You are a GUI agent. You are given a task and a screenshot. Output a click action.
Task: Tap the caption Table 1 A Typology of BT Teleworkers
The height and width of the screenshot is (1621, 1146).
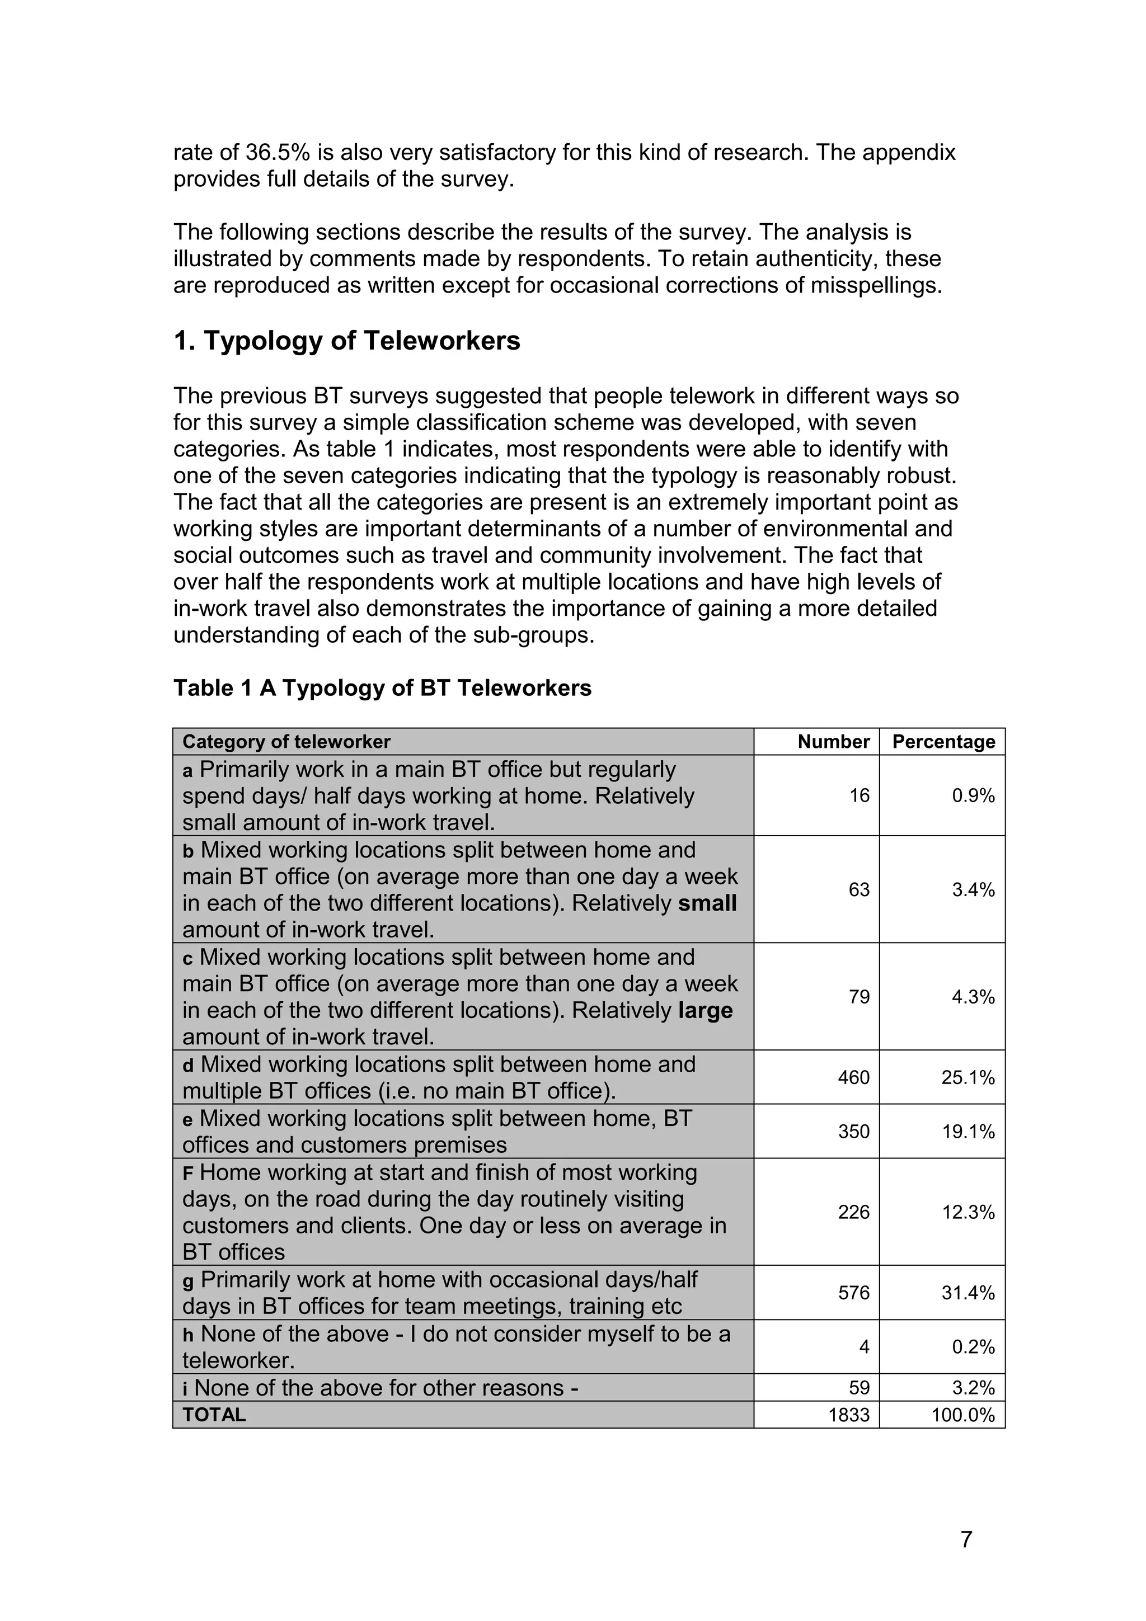[382, 687]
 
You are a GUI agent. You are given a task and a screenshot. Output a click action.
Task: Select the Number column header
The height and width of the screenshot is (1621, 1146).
[833, 741]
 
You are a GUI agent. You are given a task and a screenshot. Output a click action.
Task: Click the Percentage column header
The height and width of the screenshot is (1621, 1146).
[943, 741]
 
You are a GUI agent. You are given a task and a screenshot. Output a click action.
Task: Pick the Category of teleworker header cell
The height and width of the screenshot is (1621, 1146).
[286, 741]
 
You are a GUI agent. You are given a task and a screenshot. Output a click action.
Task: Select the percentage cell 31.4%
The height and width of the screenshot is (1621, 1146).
[968, 1293]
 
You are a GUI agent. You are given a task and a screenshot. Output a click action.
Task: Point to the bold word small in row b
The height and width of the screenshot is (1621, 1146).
[707, 903]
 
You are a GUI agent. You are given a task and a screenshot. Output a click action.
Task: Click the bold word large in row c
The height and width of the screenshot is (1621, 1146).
[704, 1010]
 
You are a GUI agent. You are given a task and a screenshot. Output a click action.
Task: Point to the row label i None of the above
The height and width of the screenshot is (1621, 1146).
[380, 1388]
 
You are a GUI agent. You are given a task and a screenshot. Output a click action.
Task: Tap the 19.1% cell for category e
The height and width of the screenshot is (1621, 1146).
[968, 1132]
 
